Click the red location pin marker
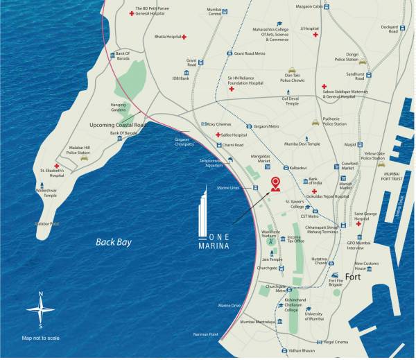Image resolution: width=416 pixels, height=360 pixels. coord(275,183)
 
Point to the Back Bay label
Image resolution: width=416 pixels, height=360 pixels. coord(114,242)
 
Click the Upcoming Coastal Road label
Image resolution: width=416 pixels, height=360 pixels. coord(119,125)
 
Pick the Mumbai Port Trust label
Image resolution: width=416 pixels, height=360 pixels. coord(393,176)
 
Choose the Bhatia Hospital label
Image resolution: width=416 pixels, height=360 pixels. coord(167,35)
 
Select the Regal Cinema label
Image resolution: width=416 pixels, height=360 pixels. coord(336,341)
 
